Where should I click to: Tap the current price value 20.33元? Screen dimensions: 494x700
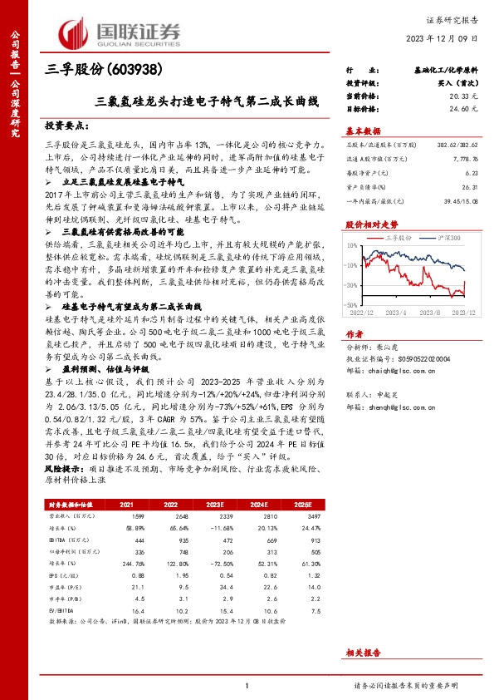click(465, 96)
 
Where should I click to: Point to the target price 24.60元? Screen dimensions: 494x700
click(465, 108)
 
